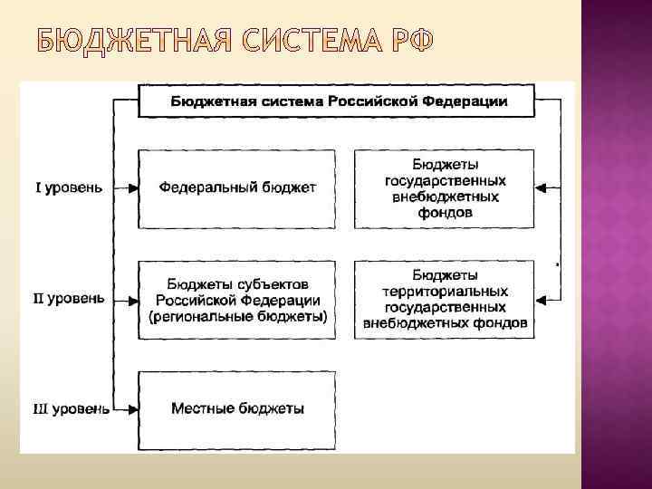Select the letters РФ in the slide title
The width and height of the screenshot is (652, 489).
[x=409, y=42]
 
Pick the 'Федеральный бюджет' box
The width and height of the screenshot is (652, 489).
[x=237, y=188]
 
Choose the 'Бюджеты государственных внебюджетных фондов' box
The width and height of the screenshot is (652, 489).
[x=446, y=188]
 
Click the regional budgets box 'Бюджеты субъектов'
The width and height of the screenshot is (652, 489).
[x=237, y=300]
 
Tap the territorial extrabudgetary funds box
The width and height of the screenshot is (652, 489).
[x=446, y=300]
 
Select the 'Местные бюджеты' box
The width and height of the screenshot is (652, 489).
[x=237, y=409]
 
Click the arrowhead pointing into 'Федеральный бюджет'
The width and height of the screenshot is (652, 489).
[x=132, y=188]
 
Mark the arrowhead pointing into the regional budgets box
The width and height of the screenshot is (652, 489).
[x=132, y=298]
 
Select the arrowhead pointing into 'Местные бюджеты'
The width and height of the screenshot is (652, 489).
[x=132, y=409]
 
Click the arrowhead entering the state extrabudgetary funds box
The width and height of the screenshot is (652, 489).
[x=542, y=188]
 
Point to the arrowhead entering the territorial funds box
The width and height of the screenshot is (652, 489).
[x=542, y=298]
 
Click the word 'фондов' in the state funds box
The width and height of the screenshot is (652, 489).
[x=446, y=212]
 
